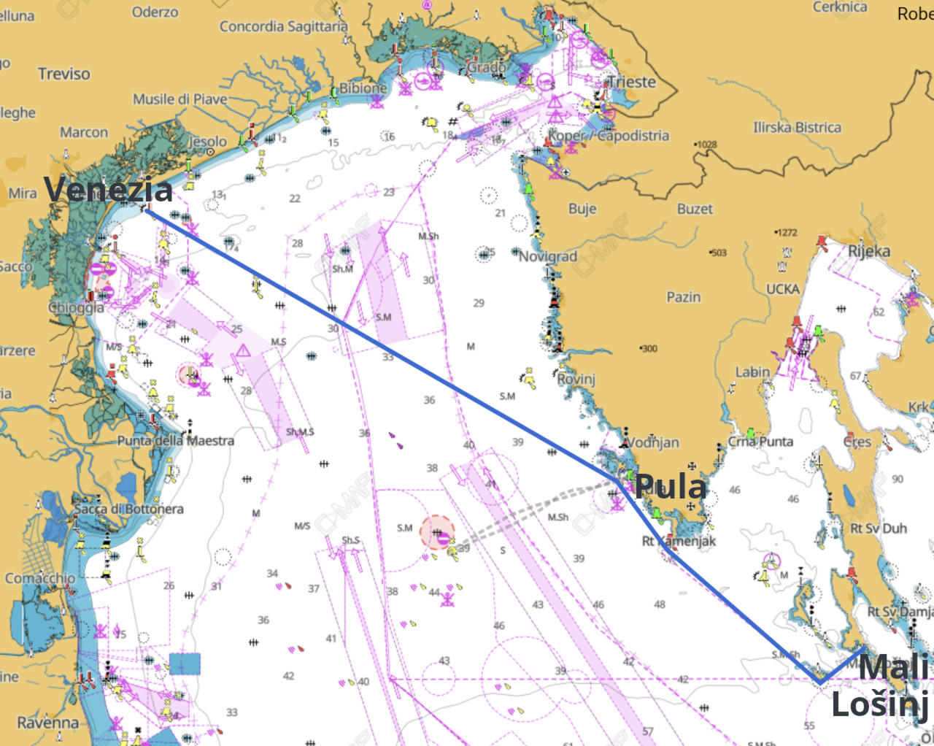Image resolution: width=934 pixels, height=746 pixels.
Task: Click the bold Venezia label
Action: coord(108,190)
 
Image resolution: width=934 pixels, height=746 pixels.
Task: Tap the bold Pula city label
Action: coord(671,487)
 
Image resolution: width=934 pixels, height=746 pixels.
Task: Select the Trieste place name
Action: coord(632,82)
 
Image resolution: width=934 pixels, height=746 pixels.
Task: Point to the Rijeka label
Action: coord(868,251)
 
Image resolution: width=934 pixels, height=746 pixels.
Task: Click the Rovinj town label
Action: coord(576,379)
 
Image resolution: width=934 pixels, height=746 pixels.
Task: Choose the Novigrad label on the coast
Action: coord(548,256)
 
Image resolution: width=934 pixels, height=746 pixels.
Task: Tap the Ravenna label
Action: coord(47,723)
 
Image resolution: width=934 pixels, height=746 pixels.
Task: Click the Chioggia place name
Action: coord(76,307)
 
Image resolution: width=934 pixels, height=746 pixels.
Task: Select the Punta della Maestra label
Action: coord(176,441)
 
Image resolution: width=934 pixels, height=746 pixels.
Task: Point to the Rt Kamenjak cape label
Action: coord(679,541)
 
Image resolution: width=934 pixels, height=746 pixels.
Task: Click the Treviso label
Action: coord(64,74)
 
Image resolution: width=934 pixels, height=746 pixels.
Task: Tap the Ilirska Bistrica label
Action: coord(797,128)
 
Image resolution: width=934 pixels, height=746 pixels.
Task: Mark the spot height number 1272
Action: coord(787,233)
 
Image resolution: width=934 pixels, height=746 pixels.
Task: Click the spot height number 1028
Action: coord(706,145)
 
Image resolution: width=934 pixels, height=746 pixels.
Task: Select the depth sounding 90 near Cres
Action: coord(897,479)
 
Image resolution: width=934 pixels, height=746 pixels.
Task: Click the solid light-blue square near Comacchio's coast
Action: coord(185,664)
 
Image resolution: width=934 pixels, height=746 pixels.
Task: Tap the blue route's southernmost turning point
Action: coord(820,682)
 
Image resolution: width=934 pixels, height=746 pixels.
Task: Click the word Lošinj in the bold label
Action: coord(879,705)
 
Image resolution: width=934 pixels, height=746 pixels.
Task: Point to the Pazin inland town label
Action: coord(683,297)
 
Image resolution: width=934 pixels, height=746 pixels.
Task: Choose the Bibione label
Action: coord(363,88)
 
